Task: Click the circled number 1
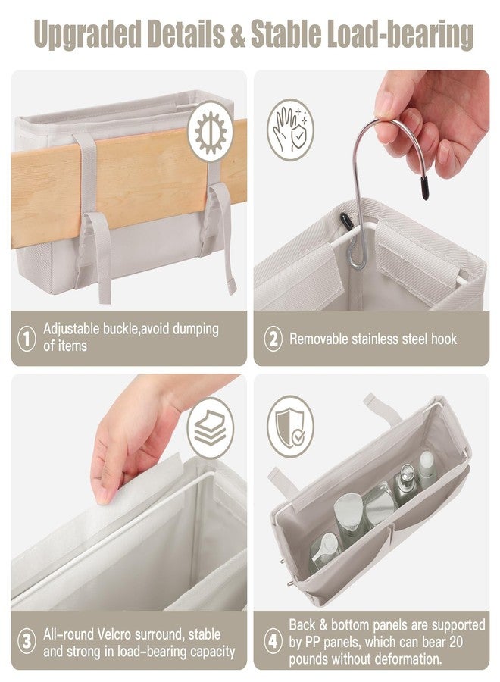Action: point(27,339)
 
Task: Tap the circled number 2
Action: point(273,339)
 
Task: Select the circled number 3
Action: point(27,641)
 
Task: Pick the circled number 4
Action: point(273,641)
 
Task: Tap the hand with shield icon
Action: point(290,130)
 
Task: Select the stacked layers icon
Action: point(211,427)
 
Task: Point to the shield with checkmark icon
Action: point(290,426)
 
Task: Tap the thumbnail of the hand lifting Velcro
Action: point(129,493)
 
